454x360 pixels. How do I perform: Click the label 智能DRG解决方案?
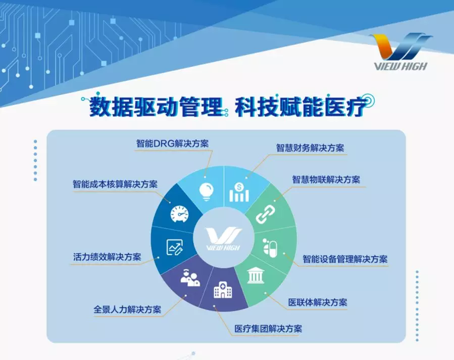point(172,143)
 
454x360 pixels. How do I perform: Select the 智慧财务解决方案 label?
point(310,148)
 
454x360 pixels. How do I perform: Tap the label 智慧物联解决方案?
point(326,180)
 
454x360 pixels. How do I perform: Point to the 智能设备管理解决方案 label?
point(345,259)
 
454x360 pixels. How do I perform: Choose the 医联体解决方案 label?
point(318,302)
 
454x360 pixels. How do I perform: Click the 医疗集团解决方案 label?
point(268,329)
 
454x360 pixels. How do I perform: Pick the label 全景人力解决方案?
point(127,310)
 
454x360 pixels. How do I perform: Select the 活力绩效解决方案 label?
point(107,256)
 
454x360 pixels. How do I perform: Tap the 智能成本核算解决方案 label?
point(115,184)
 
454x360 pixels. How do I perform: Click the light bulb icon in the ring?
point(207,191)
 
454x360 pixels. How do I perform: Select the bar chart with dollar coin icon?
point(239,192)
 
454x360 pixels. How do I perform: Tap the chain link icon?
point(265,215)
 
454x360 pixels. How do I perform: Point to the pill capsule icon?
point(270,247)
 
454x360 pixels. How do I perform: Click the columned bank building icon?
point(256,275)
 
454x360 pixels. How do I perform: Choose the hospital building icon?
point(223,290)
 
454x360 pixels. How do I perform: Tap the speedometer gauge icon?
point(179,214)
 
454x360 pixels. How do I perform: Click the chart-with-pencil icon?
point(175,247)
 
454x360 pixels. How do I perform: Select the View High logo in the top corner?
point(401,52)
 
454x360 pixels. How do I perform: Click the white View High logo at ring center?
point(223,239)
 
